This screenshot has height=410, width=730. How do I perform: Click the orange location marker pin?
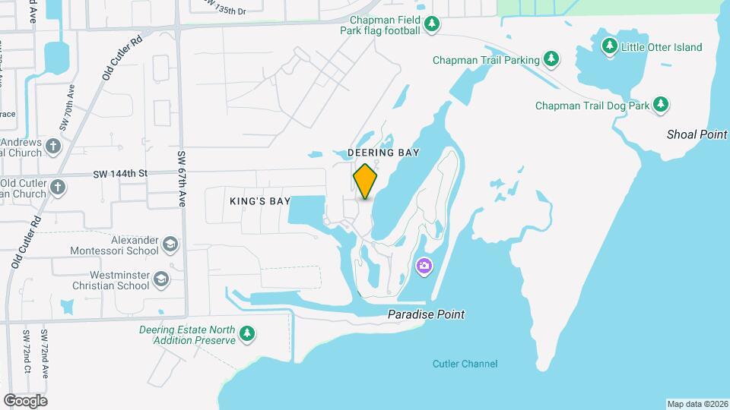tap(365, 181)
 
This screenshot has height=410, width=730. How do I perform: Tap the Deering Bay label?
tap(383, 153)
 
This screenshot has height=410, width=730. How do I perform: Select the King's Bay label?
tap(260, 201)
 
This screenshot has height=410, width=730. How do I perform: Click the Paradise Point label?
tap(426, 314)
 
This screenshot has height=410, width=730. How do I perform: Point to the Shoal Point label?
tap(697, 134)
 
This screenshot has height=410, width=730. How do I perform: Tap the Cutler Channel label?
tap(465, 364)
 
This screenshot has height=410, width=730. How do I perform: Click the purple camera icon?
tap(424, 266)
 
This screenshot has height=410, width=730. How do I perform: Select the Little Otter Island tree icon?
tap(609, 46)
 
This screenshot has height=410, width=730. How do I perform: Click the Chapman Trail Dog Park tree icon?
tap(662, 105)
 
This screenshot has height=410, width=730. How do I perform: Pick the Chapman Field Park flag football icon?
tap(432, 24)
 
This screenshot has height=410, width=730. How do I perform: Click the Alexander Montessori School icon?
tap(170, 244)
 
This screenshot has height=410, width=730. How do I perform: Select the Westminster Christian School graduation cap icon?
tap(161, 280)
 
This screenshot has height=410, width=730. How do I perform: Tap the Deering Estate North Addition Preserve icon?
tap(246, 334)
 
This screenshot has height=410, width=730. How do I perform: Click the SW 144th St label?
tap(120, 174)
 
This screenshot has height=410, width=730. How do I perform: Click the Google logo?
tap(25, 400)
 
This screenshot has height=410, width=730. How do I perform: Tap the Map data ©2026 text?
tap(697, 404)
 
